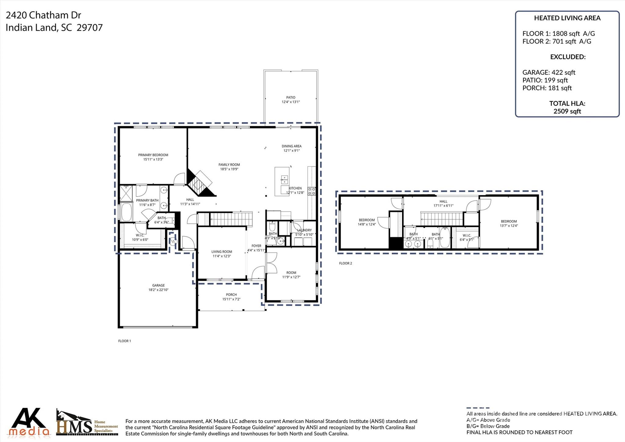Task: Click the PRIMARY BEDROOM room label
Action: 153,155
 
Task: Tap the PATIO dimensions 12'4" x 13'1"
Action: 291,102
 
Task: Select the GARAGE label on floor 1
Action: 158,285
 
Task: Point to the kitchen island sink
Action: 284,178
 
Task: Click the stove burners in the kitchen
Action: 312,191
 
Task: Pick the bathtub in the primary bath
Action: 126,212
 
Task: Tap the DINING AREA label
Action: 291,146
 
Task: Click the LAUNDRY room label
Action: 304,230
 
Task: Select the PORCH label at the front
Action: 231,295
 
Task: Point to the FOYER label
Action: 256,246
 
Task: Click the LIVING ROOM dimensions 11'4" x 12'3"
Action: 222,256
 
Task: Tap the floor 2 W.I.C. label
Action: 467,236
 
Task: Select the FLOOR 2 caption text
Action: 345,263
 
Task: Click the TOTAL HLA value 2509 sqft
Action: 567,111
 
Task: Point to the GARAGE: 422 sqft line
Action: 548,72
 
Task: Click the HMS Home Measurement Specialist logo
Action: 87,423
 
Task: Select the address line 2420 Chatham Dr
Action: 43,15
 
